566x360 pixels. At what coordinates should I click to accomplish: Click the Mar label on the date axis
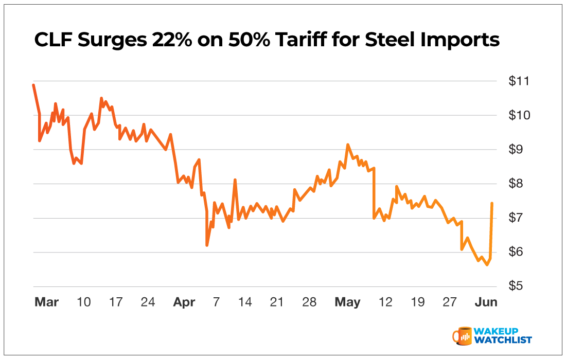pyautogui.click(x=46, y=302)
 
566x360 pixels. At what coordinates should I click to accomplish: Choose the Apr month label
pyautogui.click(x=184, y=302)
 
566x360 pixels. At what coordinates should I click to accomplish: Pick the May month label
pyautogui.click(x=347, y=302)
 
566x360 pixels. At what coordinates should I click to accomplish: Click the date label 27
pyautogui.click(x=450, y=302)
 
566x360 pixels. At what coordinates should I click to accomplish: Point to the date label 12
pyautogui.click(x=385, y=302)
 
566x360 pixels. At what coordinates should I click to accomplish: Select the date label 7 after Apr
pyautogui.click(x=216, y=302)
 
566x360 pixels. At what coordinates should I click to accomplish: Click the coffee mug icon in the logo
pyautogui.click(x=462, y=335)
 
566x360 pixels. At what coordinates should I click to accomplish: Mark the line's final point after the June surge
pyautogui.click(x=492, y=203)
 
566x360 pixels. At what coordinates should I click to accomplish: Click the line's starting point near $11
pyautogui.click(x=33, y=85)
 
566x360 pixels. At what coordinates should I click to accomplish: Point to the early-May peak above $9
pyautogui.click(x=348, y=145)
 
